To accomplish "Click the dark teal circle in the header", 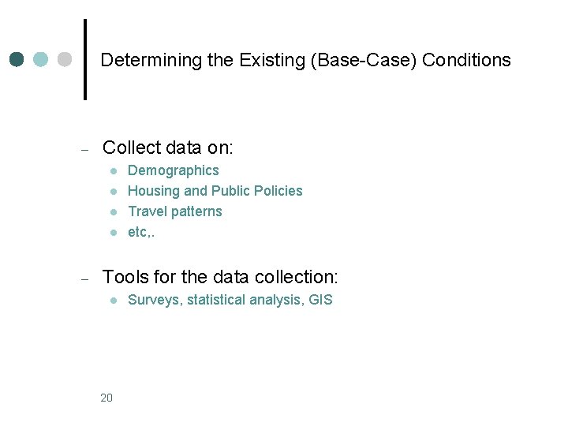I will pyautogui.click(x=18, y=60).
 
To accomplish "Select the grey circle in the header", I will pyautogui.click(x=65, y=60).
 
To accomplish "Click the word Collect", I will pyautogui.click(x=131, y=148).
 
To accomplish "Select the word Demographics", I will pyautogui.click(x=174, y=170).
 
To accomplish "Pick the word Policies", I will pyautogui.click(x=278, y=191).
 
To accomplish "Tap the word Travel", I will pyautogui.click(x=146, y=211).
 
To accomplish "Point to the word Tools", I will pyautogui.click(x=125, y=277).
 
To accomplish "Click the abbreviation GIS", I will pyautogui.click(x=321, y=300).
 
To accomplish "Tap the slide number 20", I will pyautogui.click(x=106, y=398).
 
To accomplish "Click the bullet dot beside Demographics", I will pyautogui.click(x=114, y=170).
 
